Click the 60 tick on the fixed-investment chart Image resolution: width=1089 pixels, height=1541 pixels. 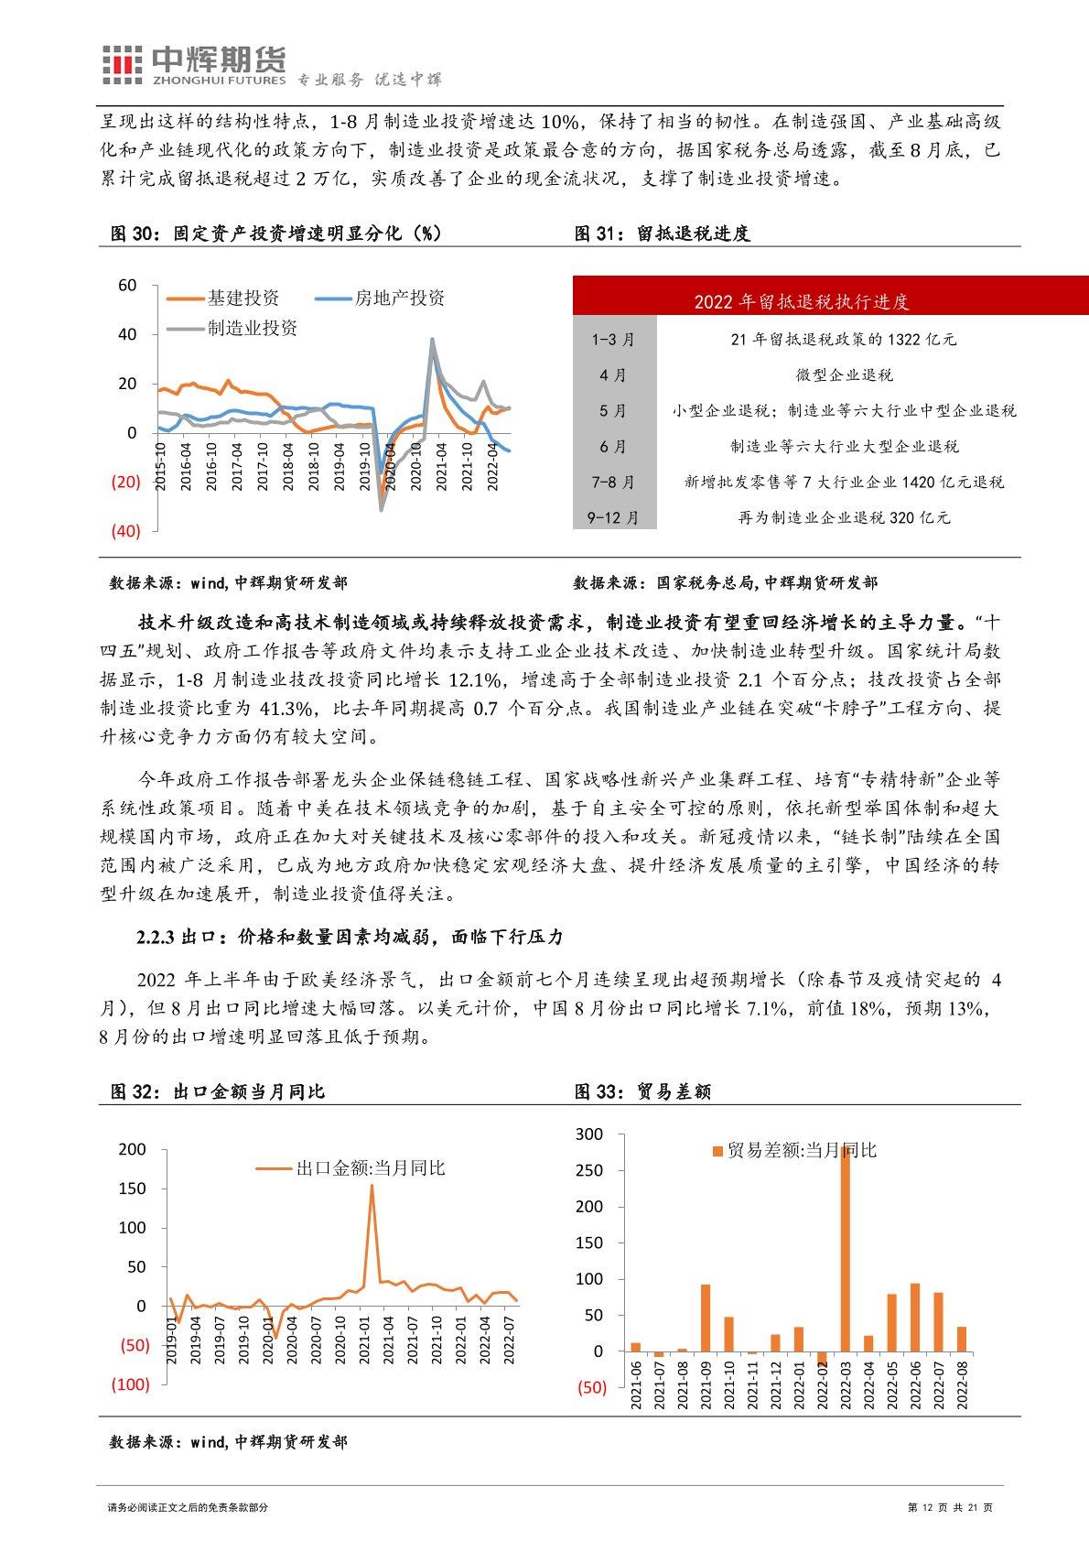[x=127, y=286]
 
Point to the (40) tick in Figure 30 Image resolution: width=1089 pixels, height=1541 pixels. [x=125, y=531]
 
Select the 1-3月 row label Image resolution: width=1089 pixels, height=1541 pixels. [x=613, y=340]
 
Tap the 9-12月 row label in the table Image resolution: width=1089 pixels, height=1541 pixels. [x=613, y=518]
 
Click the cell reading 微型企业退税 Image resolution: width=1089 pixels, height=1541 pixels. [x=844, y=375]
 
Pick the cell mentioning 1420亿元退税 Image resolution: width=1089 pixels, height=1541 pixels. [x=844, y=483]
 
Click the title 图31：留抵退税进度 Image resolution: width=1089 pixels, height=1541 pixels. [x=662, y=233]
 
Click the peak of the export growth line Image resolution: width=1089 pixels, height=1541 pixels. [x=372, y=1187]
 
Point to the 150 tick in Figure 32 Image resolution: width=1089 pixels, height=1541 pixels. [x=133, y=1188]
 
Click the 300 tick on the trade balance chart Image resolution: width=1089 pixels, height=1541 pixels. [x=590, y=1134]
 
